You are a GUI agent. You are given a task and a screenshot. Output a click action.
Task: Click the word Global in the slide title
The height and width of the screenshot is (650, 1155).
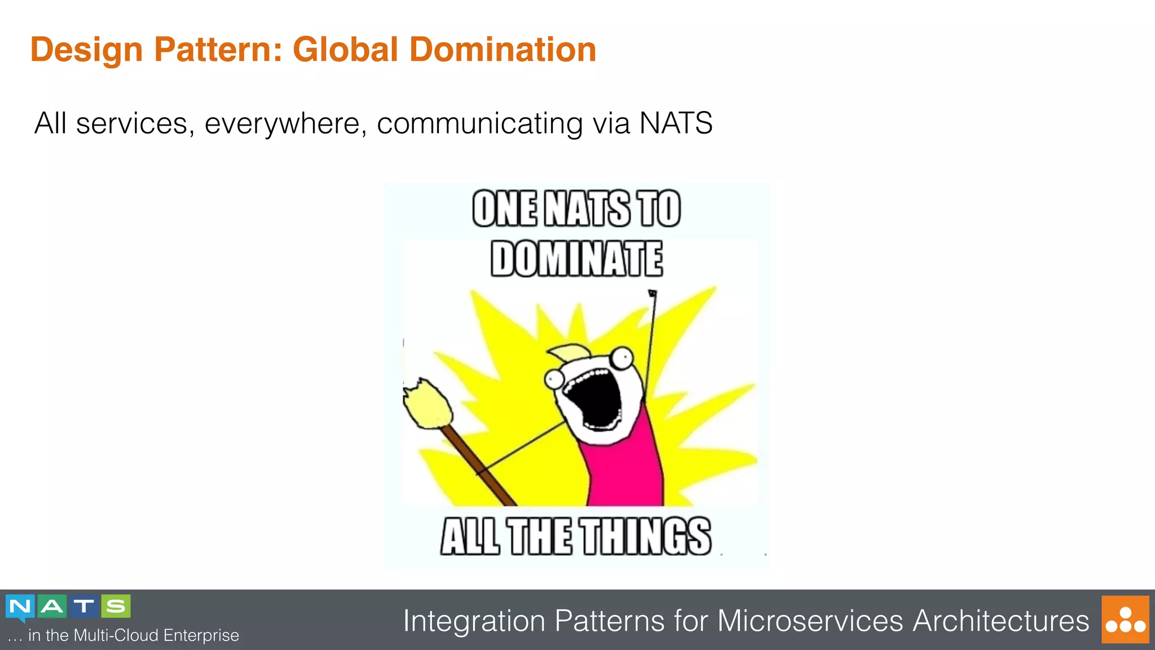click(x=345, y=50)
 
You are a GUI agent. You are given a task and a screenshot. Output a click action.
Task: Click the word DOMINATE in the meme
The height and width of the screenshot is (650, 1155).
click(x=576, y=259)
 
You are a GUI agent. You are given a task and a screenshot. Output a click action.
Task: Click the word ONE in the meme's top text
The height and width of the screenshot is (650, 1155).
click(x=504, y=209)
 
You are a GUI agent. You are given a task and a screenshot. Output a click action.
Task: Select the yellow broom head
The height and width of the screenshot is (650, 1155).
click(x=427, y=404)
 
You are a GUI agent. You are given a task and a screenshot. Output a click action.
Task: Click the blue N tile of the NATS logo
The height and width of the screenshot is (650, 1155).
click(x=20, y=607)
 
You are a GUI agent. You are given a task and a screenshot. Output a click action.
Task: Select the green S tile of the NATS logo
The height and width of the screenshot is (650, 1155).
click(x=116, y=606)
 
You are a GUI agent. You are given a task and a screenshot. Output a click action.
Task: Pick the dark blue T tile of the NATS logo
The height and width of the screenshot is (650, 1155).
click(x=84, y=606)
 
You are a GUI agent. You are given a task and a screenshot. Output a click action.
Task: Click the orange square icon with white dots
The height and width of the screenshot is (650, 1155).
click(x=1125, y=620)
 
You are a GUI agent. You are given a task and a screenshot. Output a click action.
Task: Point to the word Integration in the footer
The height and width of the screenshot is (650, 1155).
click(x=474, y=621)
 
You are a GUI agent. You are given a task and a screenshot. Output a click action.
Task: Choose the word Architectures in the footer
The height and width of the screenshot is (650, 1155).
click(x=1001, y=621)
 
